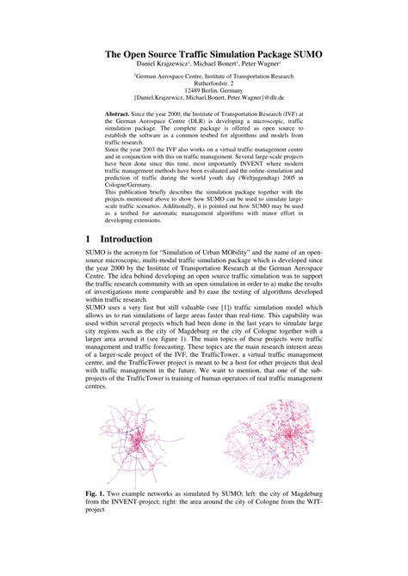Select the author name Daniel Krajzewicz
coord(162,64)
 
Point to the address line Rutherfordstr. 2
coord(213,83)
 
